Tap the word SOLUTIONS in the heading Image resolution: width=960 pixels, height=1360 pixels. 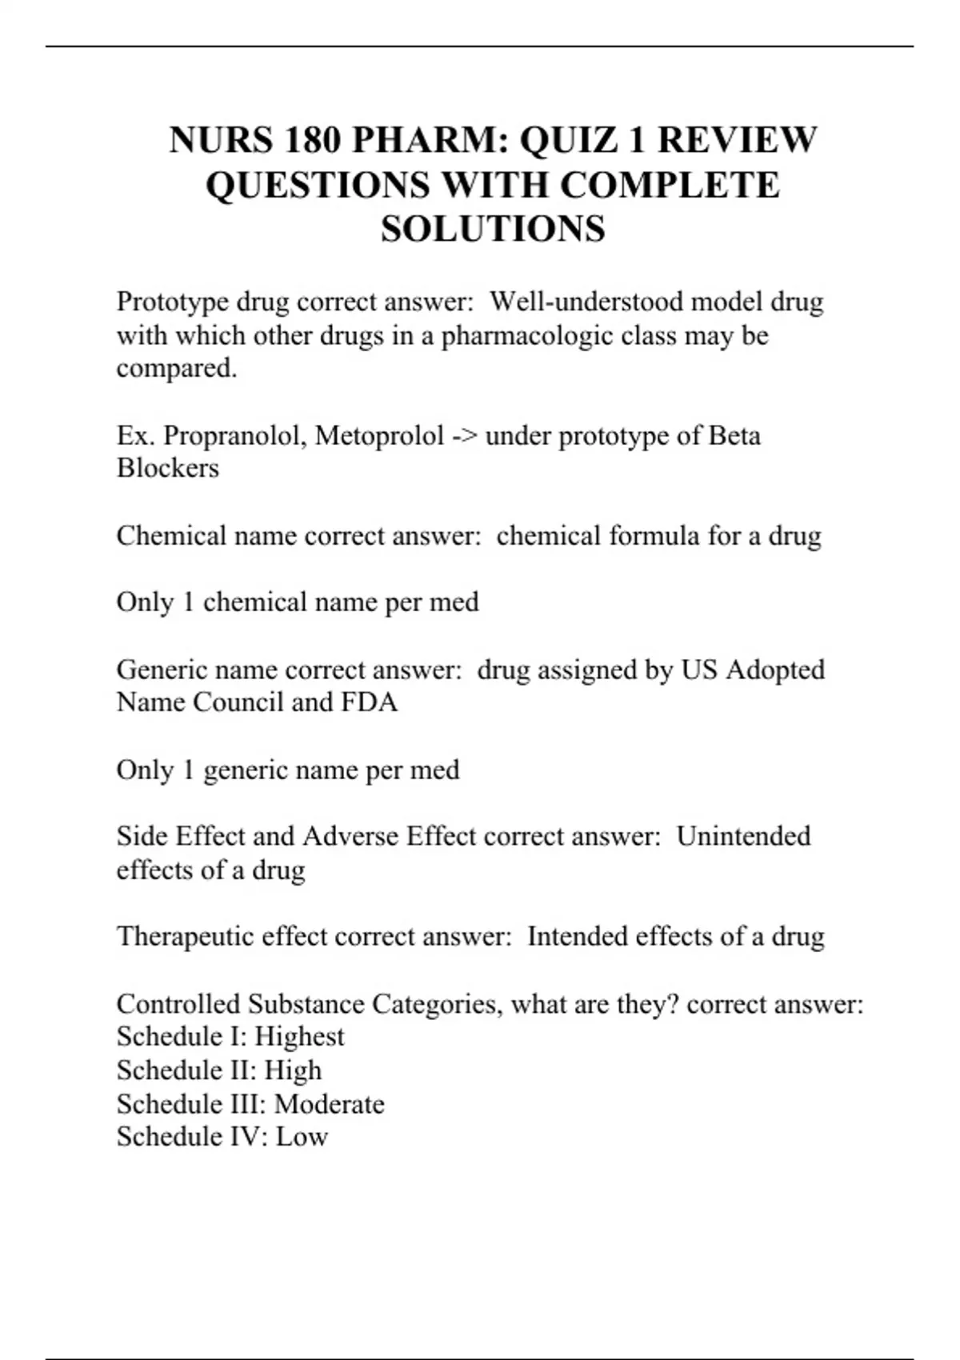click(x=493, y=230)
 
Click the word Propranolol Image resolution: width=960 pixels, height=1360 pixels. click(x=234, y=436)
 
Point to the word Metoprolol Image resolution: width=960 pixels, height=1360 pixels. click(x=379, y=436)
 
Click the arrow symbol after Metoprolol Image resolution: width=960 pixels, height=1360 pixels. click(x=464, y=437)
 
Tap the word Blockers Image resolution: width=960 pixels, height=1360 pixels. click(x=167, y=468)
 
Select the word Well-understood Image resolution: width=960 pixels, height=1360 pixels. click(x=586, y=302)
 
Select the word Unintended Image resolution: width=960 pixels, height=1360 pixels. click(x=743, y=837)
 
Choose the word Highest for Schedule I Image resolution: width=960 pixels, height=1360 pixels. click(x=299, y=1037)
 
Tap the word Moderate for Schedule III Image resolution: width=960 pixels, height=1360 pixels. click(x=329, y=1105)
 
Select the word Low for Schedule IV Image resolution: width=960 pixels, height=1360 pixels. click(x=302, y=1137)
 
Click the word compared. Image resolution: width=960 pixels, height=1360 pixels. click(x=177, y=369)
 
